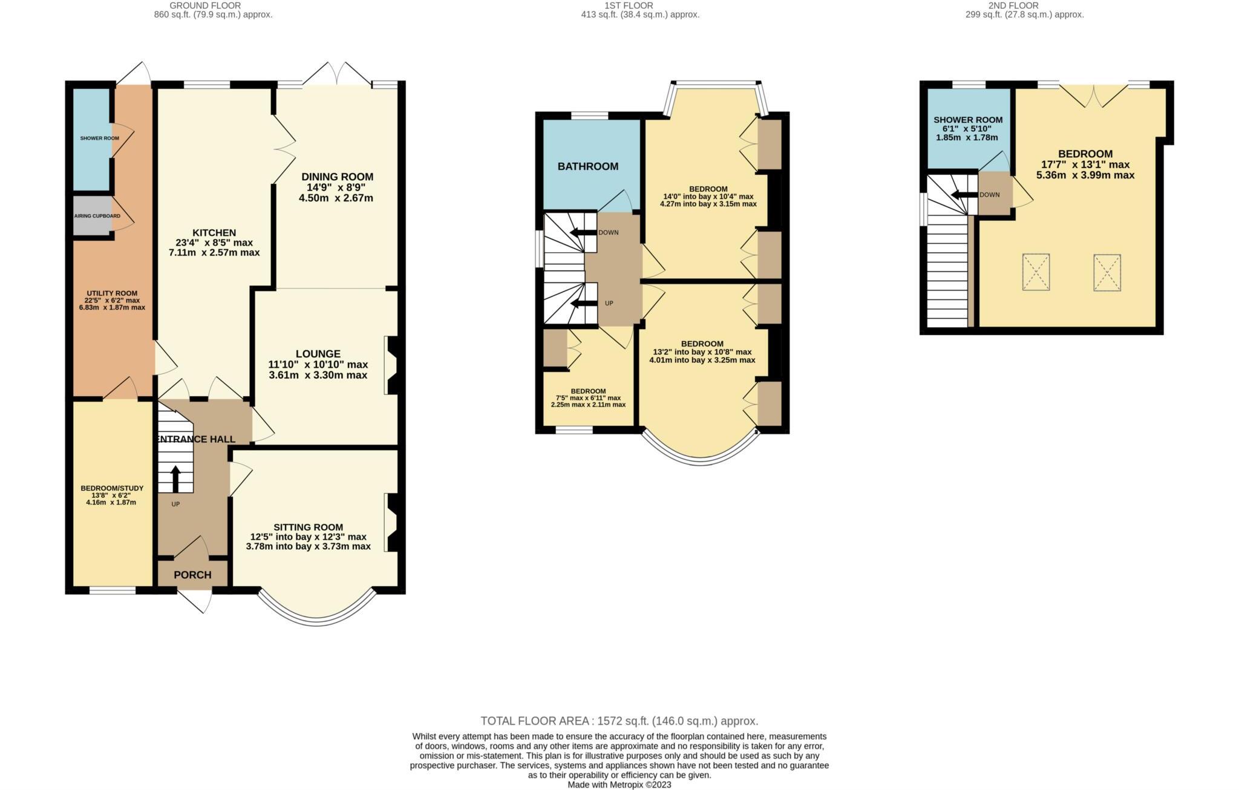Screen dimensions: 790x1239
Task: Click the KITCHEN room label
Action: pos(214,233)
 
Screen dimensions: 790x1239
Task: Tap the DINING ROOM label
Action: pos(337,177)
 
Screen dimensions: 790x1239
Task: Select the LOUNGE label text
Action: pos(318,354)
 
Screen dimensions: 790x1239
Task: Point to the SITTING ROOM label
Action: pos(308,527)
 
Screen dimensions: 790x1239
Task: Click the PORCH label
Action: pos(192,575)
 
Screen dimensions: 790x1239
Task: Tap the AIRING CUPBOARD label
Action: pos(97,216)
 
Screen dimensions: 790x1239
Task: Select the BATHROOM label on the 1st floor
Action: pos(587,166)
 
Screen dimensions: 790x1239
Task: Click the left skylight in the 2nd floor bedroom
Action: pos(1036,272)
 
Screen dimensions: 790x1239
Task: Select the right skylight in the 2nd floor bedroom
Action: pos(1107,273)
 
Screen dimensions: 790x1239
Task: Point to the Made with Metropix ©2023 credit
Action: pos(619,785)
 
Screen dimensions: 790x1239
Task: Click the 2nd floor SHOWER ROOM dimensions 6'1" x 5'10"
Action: pos(968,129)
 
